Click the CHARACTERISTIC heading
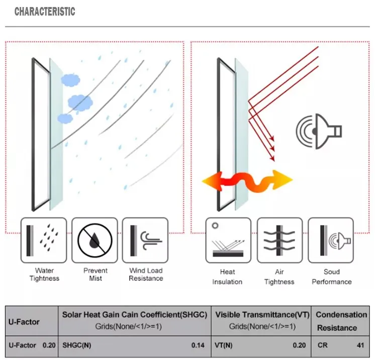[45, 11]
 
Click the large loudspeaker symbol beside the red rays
[319, 132]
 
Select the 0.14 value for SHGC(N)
[198, 345]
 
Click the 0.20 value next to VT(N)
[299, 345]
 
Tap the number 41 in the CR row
[360, 345]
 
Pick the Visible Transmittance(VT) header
[262, 315]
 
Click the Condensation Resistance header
[341, 321]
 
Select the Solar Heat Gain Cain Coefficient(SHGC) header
[134, 315]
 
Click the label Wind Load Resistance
[146, 274]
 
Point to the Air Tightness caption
[279, 277]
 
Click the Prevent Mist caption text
[95, 274]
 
